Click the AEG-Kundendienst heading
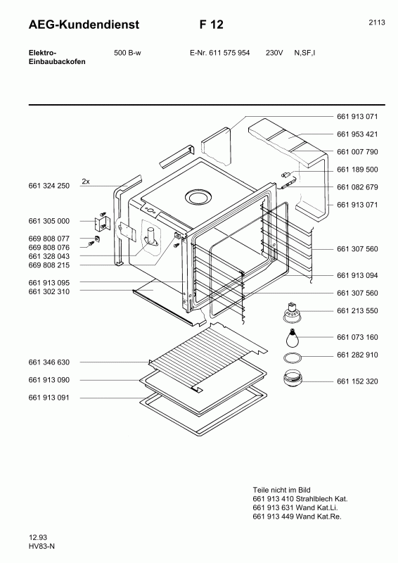click(x=84, y=25)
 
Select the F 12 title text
click(x=212, y=25)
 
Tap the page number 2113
click(x=377, y=23)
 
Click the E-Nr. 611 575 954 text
click(x=219, y=53)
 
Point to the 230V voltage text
click(x=274, y=53)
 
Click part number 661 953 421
click(x=357, y=134)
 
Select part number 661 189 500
click(x=357, y=170)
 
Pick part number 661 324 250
click(x=49, y=186)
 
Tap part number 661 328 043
click(x=49, y=256)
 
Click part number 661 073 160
click(x=357, y=337)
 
